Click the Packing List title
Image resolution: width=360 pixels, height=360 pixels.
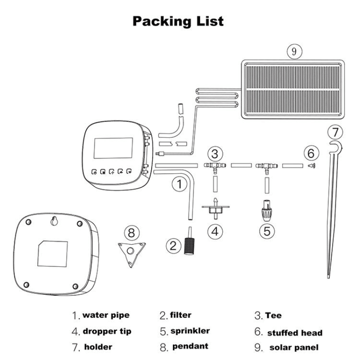[178, 21]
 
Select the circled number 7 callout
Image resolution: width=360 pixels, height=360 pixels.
[334, 132]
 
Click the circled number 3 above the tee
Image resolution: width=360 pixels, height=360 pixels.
[215, 154]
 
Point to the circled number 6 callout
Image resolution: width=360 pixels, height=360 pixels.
[310, 153]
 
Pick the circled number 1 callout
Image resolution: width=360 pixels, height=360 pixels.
[180, 184]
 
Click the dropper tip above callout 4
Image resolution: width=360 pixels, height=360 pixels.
[215, 207]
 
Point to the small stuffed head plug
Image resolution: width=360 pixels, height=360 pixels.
[310, 166]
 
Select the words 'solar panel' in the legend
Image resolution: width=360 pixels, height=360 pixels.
[293, 347]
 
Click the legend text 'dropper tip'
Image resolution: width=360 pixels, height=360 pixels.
[107, 332]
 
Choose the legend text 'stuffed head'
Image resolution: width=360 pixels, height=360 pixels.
[295, 333]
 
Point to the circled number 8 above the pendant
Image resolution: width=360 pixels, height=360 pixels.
[131, 233]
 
